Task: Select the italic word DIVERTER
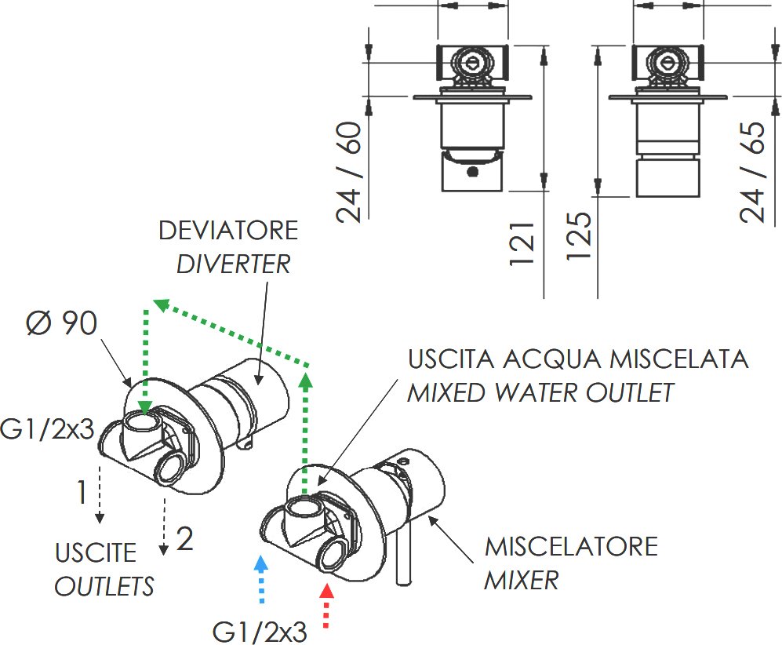click(x=233, y=264)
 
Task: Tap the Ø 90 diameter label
click(x=62, y=323)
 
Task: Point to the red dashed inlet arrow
click(x=329, y=605)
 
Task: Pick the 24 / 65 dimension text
click(x=753, y=173)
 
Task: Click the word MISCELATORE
click(x=571, y=546)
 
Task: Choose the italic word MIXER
click(x=521, y=581)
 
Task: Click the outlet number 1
click(x=81, y=494)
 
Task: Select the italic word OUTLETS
click(x=104, y=585)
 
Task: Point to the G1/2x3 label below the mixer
click(x=260, y=631)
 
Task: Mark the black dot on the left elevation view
click(x=472, y=172)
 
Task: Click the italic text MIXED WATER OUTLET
click(x=540, y=392)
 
